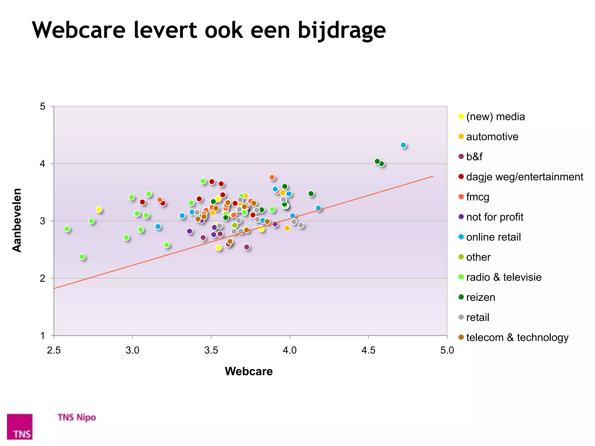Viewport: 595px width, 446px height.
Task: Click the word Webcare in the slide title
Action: point(78,30)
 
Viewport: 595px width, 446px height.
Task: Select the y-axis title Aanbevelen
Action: point(17,220)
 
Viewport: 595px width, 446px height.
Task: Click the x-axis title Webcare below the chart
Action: point(249,371)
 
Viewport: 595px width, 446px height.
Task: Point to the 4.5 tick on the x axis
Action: point(368,350)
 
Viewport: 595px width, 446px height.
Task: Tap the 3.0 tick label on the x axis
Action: point(132,350)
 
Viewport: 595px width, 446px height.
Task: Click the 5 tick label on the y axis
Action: point(43,107)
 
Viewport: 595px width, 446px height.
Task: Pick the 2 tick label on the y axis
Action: point(43,278)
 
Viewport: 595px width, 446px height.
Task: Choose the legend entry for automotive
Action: point(492,137)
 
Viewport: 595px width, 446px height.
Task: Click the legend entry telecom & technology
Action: point(517,337)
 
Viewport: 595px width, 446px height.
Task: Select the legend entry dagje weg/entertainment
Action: point(524,177)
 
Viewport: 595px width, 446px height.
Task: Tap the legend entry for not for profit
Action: point(494,217)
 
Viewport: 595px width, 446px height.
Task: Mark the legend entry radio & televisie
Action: point(503,277)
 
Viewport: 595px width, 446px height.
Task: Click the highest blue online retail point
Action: point(403,145)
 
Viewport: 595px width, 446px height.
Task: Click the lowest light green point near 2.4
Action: point(82,257)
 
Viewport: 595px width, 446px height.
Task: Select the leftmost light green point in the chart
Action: point(67,229)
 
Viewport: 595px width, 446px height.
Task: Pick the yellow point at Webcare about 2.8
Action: point(99,210)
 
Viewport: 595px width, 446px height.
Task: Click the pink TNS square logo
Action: point(20,426)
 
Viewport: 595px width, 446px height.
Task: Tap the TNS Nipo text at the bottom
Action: point(77,417)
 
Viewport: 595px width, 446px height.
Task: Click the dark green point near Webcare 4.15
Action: point(311,194)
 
